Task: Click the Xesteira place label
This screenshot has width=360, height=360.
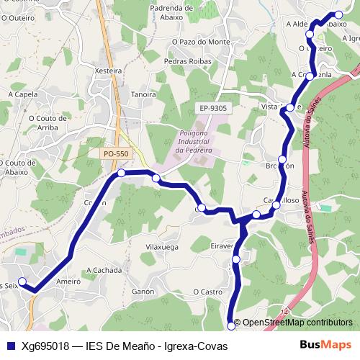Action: (x=107, y=71)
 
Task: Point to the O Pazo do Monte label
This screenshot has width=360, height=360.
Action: (x=201, y=42)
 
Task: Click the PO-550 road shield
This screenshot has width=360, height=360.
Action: (x=116, y=153)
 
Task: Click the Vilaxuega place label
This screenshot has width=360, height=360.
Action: (x=162, y=246)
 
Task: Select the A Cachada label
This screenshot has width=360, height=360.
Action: (x=102, y=270)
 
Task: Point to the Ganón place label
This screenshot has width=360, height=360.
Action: (x=143, y=292)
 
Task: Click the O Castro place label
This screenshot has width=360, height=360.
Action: (x=207, y=292)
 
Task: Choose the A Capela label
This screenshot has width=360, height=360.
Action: (x=23, y=94)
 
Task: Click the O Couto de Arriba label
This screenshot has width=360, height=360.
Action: (x=48, y=123)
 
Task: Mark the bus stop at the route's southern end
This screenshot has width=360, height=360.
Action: (x=231, y=325)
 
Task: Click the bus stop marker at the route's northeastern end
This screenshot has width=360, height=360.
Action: (x=340, y=14)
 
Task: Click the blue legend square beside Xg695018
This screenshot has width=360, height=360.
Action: (x=9, y=346)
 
